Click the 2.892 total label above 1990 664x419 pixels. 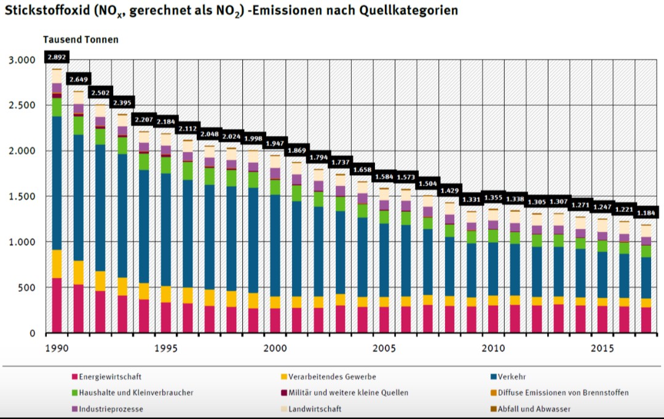[57, 57]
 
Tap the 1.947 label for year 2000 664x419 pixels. [275, 143]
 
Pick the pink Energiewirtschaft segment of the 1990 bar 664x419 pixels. [57, 305]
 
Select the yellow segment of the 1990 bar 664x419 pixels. [57, 264]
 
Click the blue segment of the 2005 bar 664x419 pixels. [384, 264]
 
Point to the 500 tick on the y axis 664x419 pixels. [27, 288]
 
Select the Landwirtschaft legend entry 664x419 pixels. [315, 409]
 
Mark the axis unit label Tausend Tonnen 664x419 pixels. [81, 39]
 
